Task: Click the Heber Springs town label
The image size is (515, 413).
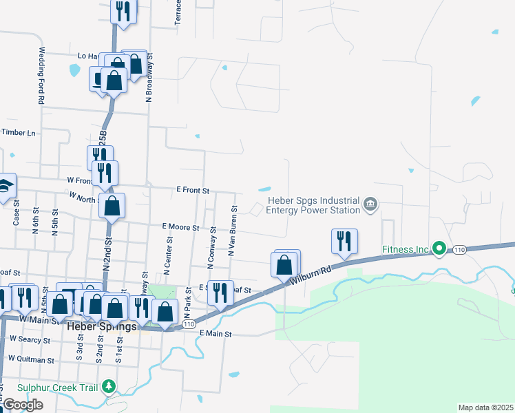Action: [101, 326]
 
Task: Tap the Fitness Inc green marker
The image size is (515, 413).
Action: [439, 248]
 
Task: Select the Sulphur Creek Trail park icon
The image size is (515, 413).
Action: [108, 386]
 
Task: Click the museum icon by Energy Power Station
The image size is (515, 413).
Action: [370, 204]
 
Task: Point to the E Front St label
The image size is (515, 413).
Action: [192, 189]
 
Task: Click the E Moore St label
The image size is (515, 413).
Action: [180, 226]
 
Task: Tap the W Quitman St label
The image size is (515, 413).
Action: [30, 359]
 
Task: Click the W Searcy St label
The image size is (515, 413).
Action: [32, 339]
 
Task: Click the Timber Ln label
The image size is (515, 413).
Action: [17, 132]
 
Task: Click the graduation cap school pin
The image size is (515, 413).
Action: [5, 187]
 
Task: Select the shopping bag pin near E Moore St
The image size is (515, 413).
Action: [112, 205]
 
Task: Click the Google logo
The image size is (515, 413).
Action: [23, 405]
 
